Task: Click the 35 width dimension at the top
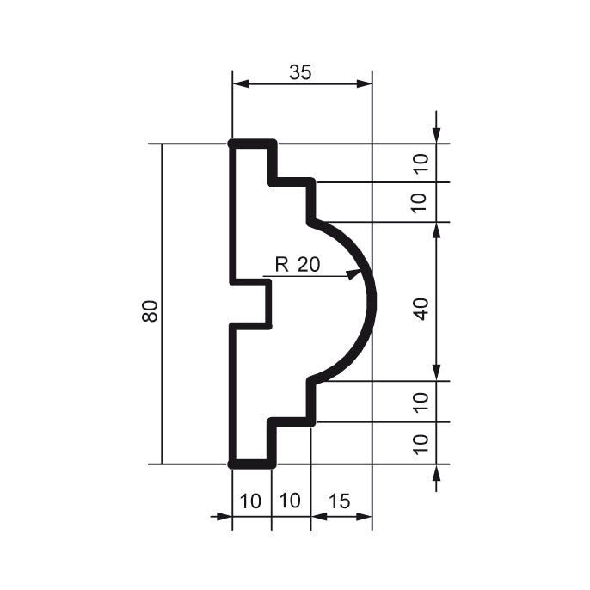coord(299,72)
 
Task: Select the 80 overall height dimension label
coord(151,311)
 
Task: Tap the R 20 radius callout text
coord(297,265)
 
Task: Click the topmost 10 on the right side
coord(421,163)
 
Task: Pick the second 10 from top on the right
coord(421,203)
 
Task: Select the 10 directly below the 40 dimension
coord(421,402)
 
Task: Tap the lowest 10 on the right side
coord(421,443)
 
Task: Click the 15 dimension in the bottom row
coord(339,501)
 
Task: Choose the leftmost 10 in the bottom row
coord(251,501)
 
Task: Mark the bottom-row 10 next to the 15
coord(291,501)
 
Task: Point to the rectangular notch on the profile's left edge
coord(254,303)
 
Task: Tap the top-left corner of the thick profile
coord(233,144)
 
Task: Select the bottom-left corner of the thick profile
coord(233,464)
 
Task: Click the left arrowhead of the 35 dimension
coord(238,84)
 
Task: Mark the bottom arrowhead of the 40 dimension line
coord(438,375)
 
